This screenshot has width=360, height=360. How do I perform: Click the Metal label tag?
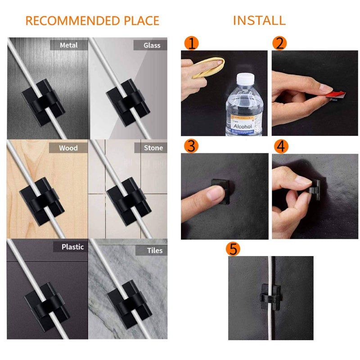tap(68, 45)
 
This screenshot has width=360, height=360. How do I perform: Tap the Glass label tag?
tap(150, 45)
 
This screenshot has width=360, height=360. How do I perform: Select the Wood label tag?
tap(68, 148)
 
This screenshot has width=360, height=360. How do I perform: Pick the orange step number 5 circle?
tap(233, 249)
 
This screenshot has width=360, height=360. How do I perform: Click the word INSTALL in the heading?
tap(259, 20)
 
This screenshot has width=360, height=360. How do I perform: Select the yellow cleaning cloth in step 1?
tap(208, 67)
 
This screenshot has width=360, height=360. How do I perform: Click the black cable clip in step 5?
tap(270, 296)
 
